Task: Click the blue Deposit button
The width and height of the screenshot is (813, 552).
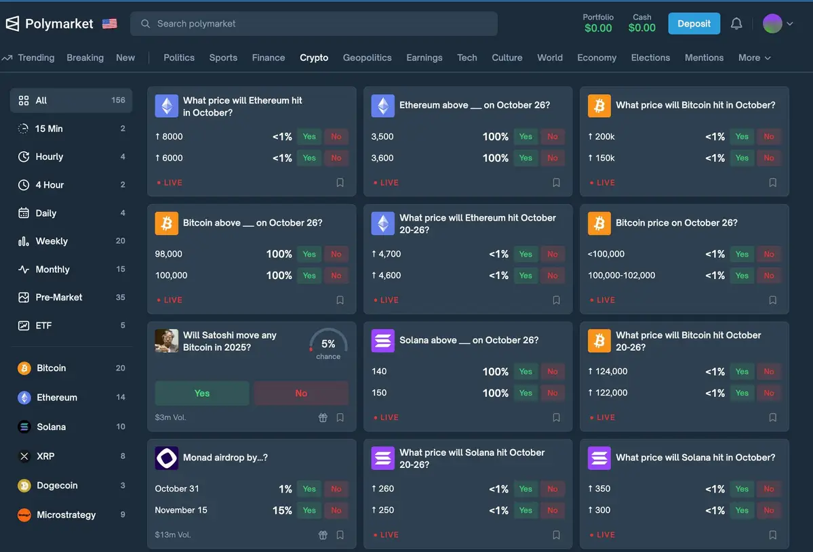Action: pos(694,24)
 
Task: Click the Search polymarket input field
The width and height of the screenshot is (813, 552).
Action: pos(313,24)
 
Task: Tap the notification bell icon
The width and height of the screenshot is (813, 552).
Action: pos(736,24)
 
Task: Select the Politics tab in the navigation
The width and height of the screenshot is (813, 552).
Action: pos(179,58)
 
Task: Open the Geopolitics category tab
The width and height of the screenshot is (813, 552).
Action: pos(367,58)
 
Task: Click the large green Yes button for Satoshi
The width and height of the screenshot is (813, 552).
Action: pos(202,394)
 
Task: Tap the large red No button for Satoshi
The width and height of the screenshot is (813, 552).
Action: pos(301,394)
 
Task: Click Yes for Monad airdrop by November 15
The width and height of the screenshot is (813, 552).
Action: pos(309,511)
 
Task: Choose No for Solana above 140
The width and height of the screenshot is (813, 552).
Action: pos(553,372)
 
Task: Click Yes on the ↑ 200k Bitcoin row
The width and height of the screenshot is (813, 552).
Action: pos(742,137)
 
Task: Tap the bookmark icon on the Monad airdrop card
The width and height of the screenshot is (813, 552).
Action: pos(340,535)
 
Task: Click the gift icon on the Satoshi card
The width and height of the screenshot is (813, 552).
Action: pos(323,418)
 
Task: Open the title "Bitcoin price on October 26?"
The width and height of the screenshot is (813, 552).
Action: pos(676,223)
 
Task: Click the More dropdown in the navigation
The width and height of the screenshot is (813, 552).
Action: pos(754,58)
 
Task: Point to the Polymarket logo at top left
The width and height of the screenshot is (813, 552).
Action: pos(49,24)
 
